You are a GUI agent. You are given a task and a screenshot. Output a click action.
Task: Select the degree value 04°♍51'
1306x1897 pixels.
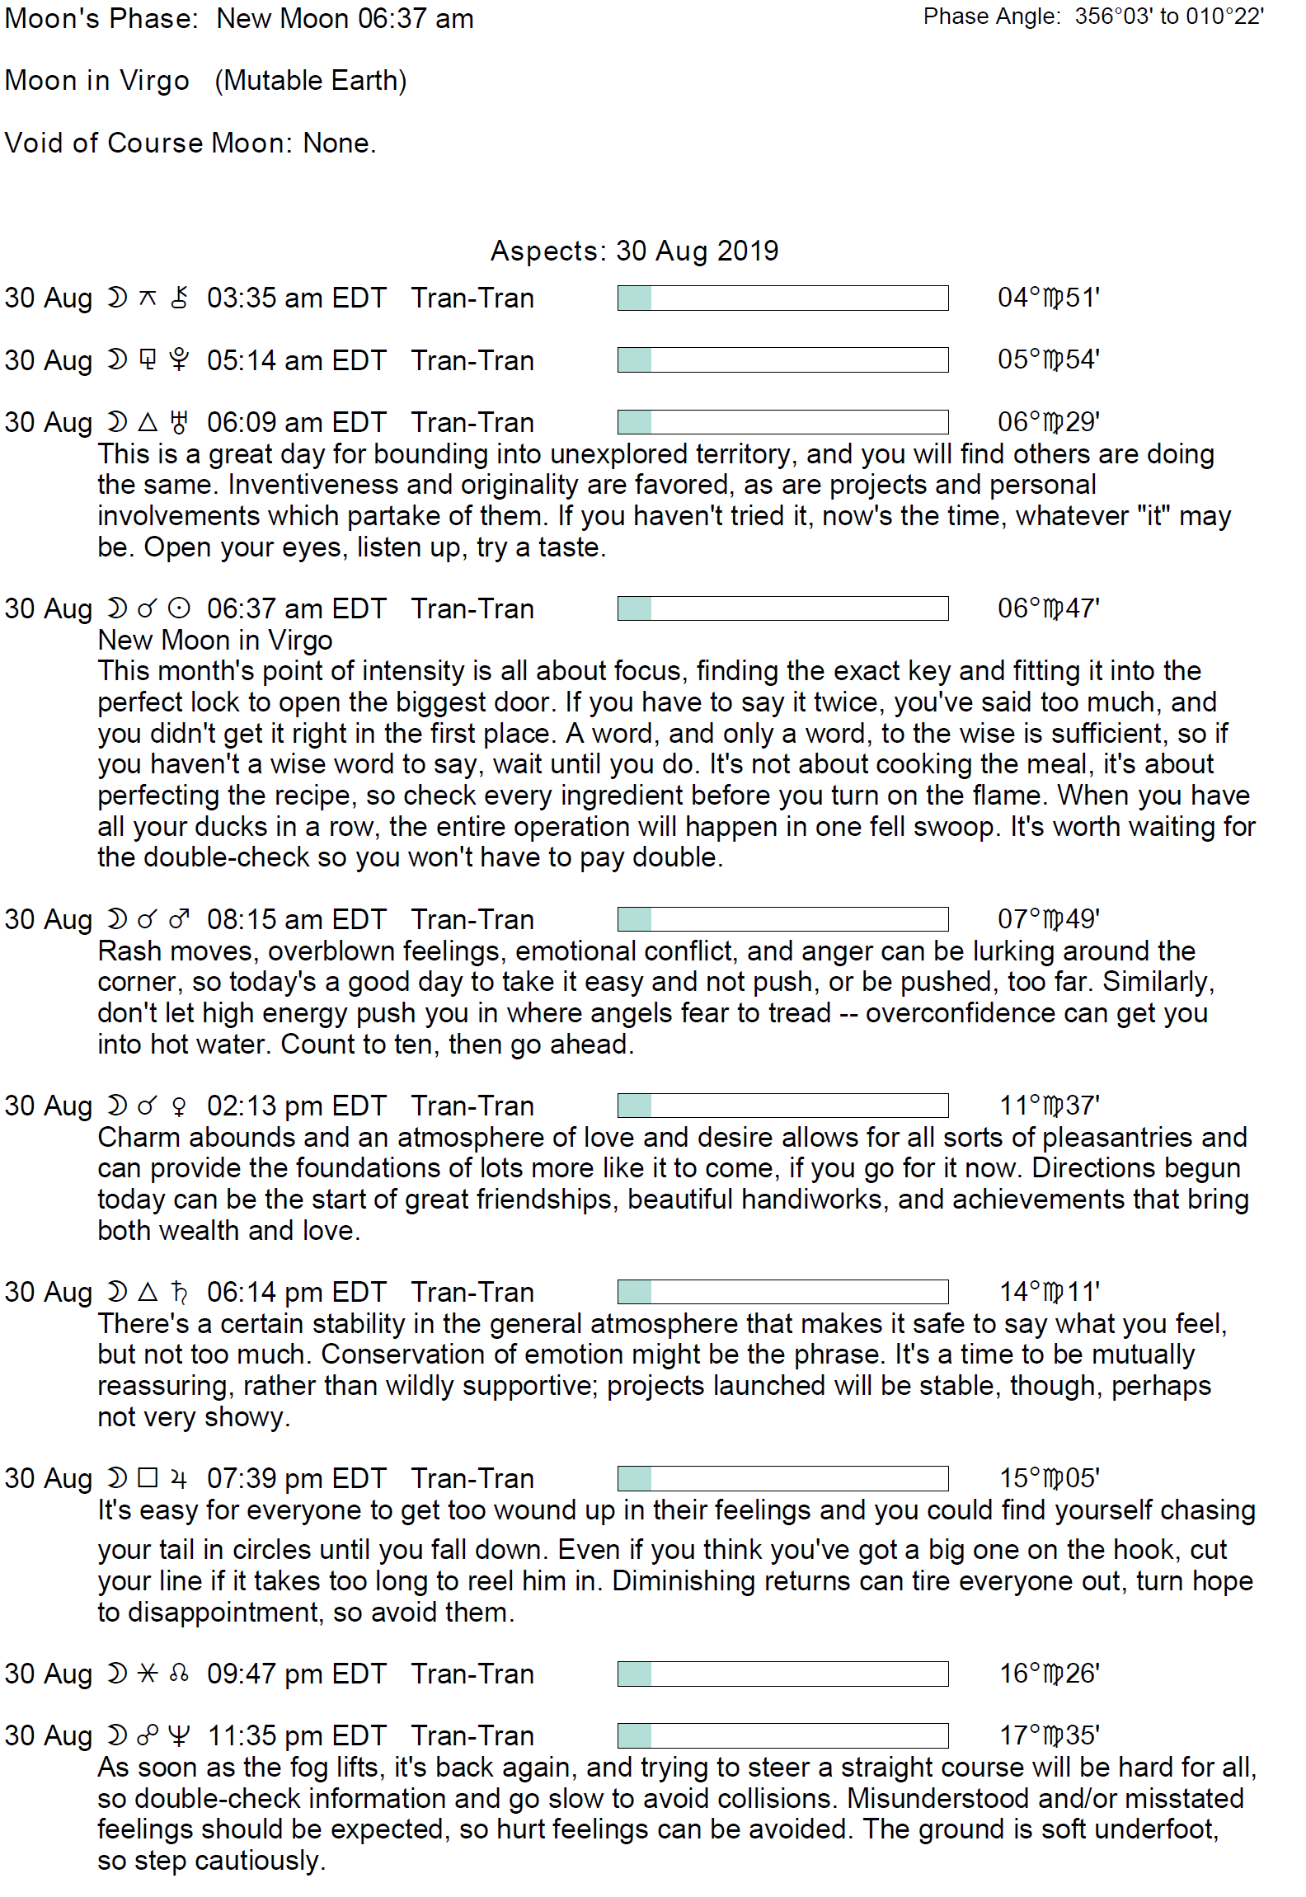coord(1048,298)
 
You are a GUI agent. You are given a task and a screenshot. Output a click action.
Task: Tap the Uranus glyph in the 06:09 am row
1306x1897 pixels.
coord(179,423)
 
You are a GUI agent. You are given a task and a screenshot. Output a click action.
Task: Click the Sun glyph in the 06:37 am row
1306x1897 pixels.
coord(179,609)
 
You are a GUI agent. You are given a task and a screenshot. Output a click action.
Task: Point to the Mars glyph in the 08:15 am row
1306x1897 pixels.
coord(179,919)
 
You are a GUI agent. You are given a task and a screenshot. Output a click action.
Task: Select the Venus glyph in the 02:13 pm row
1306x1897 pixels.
coord(179,1106)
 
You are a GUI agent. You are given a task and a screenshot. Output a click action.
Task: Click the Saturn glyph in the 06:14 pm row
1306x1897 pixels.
coord(179,1292)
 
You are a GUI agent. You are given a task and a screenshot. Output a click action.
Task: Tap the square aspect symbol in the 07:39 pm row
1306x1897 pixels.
coord(148,1478)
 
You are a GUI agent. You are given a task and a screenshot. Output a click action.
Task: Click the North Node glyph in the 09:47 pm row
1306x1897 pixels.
coord(179,1674)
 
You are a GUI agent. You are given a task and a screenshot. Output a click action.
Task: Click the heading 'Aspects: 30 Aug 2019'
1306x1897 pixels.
coord(634,251)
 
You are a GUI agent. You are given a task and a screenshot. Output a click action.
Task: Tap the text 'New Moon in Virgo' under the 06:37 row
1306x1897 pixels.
coord(214,641)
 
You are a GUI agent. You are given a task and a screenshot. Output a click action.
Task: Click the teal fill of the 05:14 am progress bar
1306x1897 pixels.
coord(635,360)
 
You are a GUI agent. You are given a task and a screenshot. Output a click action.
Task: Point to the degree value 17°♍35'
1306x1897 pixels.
coord(1049,1736)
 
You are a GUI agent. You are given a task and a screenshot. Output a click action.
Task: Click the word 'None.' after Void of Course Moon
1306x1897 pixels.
coord(340,143)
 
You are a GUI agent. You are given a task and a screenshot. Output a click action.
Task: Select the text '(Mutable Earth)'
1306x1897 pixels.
coord(311,81)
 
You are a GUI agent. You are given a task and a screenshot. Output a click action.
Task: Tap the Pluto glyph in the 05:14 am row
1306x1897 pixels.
coord(179,360)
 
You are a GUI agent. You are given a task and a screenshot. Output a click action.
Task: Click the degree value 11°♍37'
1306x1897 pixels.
coord(1049,1106)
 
